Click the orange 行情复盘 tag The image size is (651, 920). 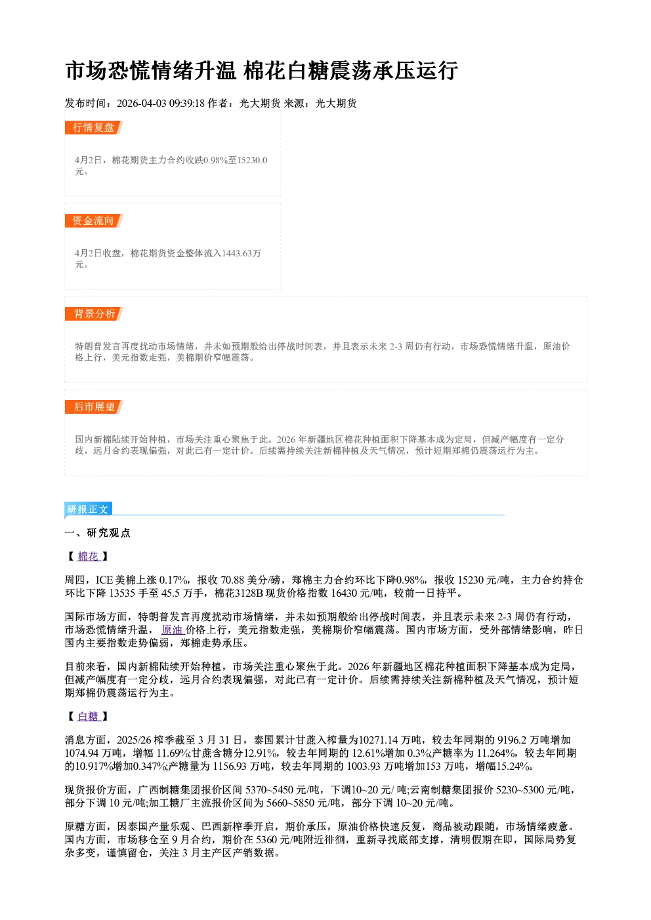point(94,127)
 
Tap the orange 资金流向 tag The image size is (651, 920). point(94,220)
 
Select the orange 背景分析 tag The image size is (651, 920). point(94,314)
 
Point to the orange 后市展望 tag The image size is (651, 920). point(94,407)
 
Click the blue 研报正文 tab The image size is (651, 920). point(88,510)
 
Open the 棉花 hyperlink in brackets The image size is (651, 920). point(89,557)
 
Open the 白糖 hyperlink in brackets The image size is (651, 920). point(89,717)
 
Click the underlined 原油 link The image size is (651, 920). point(172,630)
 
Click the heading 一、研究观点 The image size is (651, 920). point(97,533)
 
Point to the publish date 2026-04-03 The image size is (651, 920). point(141,104)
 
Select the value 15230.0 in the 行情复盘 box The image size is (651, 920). point(252,160)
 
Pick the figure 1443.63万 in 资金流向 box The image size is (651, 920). point(241,253)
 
